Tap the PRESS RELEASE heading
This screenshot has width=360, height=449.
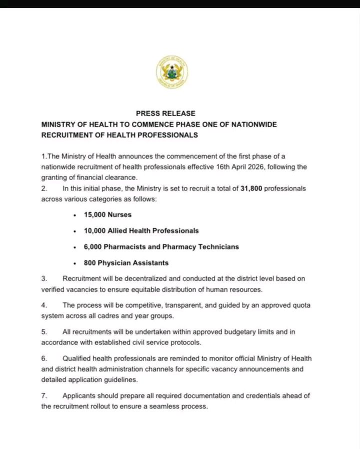pos(165,113)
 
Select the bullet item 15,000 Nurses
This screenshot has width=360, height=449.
pos(107,214)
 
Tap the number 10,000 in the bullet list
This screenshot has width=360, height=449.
pos(94,230)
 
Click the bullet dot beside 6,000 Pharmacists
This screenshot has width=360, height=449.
pos(74,247)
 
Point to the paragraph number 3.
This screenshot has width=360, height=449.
pos(43,278)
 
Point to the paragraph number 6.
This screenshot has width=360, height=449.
pos(43,358)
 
